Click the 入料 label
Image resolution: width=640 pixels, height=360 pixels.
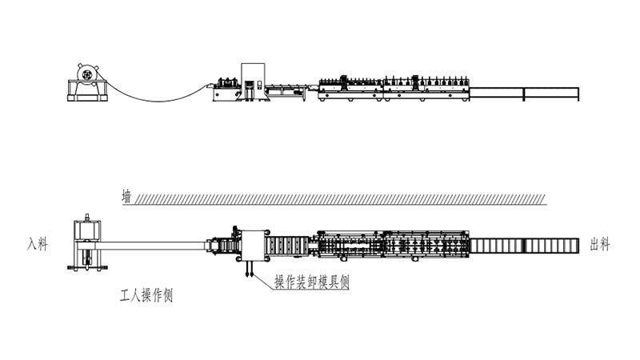pyautogui.click(x=37, y=245)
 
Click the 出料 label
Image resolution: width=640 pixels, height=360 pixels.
pyautogui.click(x=600, y=245)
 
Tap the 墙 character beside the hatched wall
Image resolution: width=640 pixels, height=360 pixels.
pyautogui.click(x=127, y=196)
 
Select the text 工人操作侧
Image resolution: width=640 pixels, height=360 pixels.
pyautogui.click(x=146, y=295)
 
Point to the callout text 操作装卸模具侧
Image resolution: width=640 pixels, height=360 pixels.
pyautogui.click(x=312, y=282)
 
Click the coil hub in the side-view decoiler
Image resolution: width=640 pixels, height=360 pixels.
pyautogui.click(x=86, y=75)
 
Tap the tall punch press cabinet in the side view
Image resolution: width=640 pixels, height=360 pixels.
pyautogui.click(x=253, y=82)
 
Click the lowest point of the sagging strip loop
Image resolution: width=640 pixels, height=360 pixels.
pyautogui.click(x=158, y=101)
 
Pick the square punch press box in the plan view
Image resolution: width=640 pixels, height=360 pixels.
pyautogui.click(x=253, y=246)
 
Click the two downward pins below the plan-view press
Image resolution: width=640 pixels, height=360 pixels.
pyautogui.click(x=249, y=269)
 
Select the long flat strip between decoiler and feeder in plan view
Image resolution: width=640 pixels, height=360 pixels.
pyautogui.click(x=154, y=246)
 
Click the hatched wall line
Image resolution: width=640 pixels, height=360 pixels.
pyautogui.click(x=334, y=199)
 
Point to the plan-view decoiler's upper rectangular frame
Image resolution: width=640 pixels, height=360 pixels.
pyautogui.click(x=87, y=230)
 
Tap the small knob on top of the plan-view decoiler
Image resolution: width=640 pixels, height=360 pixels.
pyautogui.click(x=87, y=217)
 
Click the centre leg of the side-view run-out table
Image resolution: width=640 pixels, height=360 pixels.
pyautogui.click(x=524, y=94)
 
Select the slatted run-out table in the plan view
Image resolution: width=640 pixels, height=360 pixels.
pyautogui.click(x=524, y=246)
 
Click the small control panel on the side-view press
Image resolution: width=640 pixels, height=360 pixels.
pyautogui.click(x=259, y=86)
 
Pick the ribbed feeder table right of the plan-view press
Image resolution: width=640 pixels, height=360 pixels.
pyautogui.click(x=287, y=246)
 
